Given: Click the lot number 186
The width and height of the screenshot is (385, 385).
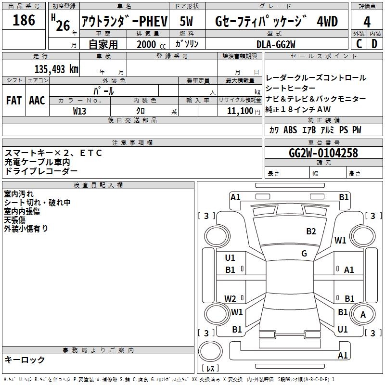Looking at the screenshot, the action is coord(24,20).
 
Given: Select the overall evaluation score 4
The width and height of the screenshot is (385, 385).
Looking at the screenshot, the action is coord(367,22).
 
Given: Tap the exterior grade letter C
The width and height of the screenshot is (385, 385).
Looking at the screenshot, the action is coord(359,43).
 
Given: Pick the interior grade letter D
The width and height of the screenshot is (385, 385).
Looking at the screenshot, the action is coord(374,43).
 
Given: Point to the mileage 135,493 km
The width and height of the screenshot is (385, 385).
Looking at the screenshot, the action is coord(56,69).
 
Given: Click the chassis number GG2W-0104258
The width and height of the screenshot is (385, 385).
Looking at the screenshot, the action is coord(323,153).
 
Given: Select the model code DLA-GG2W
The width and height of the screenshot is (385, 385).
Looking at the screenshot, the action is coord(276,44).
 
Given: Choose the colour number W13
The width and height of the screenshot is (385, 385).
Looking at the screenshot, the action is coord(80,111).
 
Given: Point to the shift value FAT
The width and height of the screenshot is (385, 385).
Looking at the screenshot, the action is coord(14,100).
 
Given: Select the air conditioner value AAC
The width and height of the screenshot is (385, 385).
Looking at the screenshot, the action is coord(37,100).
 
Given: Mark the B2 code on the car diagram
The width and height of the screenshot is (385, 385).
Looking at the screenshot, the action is coord(311,231).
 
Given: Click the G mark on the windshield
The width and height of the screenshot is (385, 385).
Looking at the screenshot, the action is coord(304,253).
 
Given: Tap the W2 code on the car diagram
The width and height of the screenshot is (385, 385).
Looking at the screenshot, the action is coord(231,298).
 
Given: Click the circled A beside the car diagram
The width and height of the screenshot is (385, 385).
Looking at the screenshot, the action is coord(362,314).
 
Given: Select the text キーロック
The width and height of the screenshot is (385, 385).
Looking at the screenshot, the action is coord(25,359).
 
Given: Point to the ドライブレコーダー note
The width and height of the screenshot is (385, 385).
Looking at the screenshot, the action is coord(41,171).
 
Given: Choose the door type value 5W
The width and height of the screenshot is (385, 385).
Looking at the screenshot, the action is coord(186,22).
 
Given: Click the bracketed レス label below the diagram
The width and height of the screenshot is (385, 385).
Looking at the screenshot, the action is coord(210,369).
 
